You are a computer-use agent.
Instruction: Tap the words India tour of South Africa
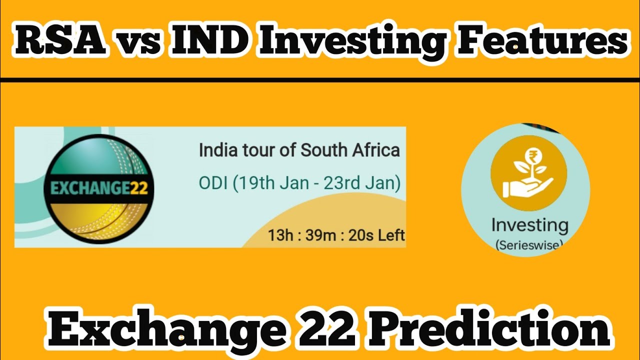[x=299, y=150]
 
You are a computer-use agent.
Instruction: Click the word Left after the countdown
[x=391, y=235]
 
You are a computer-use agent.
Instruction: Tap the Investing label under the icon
[x=529, y=225]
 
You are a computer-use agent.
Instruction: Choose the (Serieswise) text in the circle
[x=529, y=245]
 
